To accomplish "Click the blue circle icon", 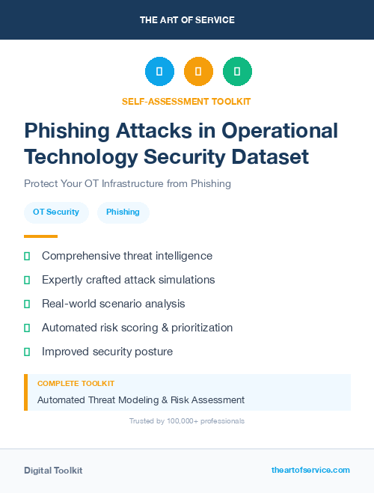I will pyautogui.click(x=159, y=72).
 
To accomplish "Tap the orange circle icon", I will pyautogui.click(x=198, y=72).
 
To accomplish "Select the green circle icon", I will pyautogui.click(x=237, y=72).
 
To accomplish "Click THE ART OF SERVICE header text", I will pyautogui.click(x=187, y=20).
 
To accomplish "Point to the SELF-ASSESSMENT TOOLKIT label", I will pyautogui.click(x=187, y=101).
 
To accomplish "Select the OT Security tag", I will pyautogui.click(x=56, y=212).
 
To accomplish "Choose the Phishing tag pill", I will pyautogui.click(x=123, y=212).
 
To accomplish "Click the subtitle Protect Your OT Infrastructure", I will pyautogui.click(x=127, y=183).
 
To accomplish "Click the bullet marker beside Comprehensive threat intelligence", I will pyautogui.click(x=27, y=256).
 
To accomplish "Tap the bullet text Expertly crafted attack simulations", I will pyautogui.click(x=128, y=280).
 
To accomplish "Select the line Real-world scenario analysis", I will pyautogui.click(x=113, y=304).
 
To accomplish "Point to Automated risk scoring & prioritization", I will pyautogui.click(x=137, y=328).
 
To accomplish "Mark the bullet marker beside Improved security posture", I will pyautogui.click(x=27, y=352).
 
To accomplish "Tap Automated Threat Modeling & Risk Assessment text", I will pyautogui.click(x=141, y=399).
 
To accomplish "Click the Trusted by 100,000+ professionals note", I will pyautogui.click(x=187, y=421).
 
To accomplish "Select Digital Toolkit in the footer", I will pyautogui.click(x=53, y=471).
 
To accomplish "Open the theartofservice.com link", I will pyautogui.click(x=310, y=470).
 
